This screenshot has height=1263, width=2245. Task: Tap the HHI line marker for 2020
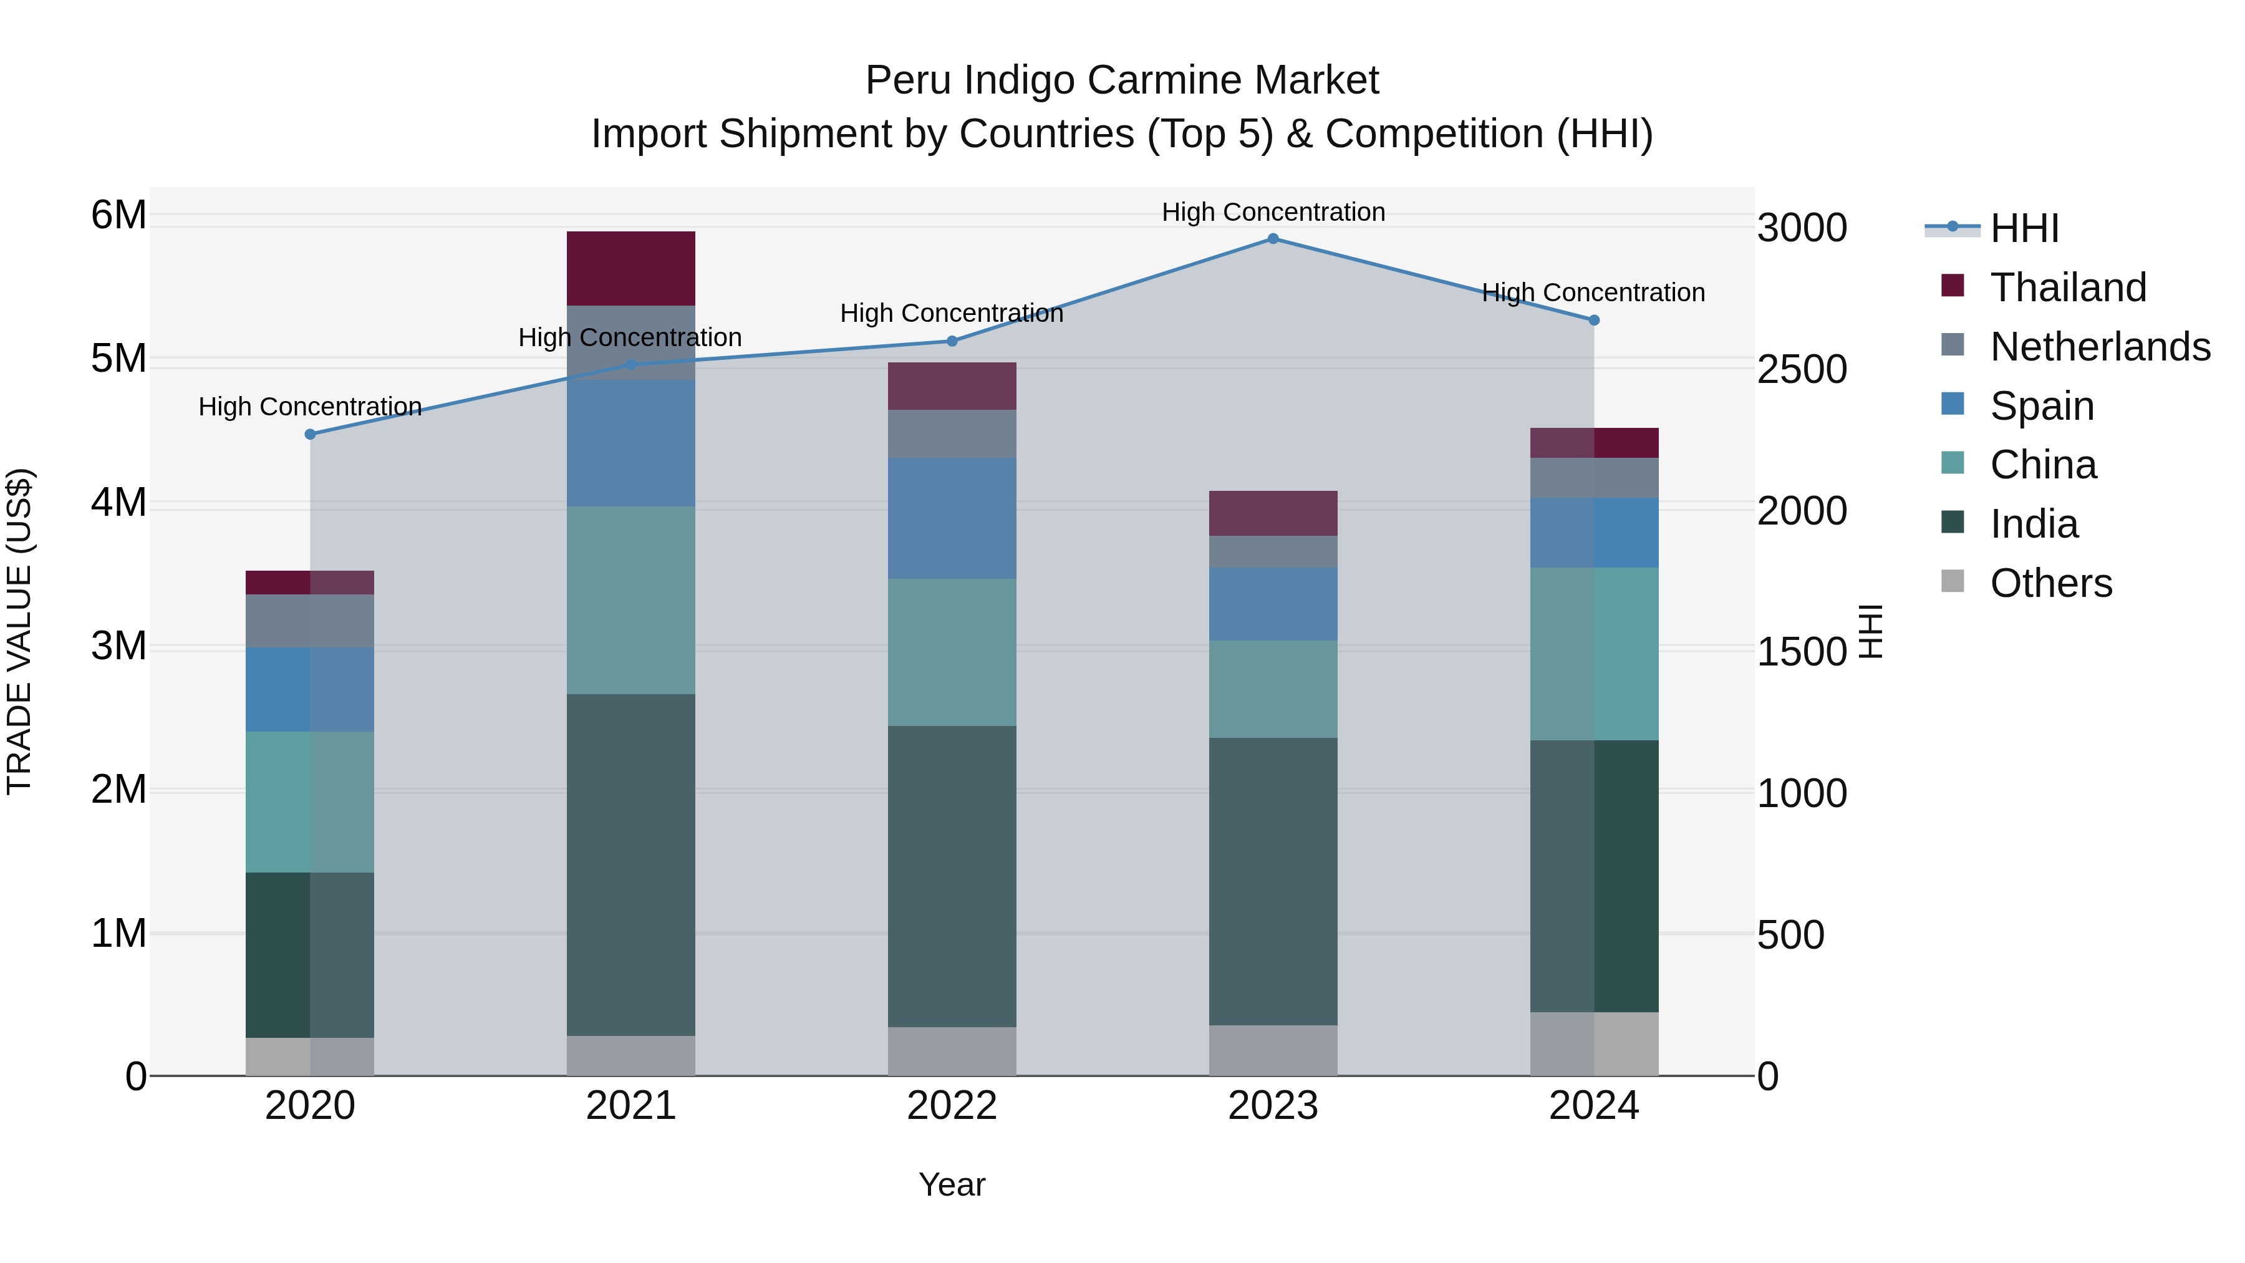pyautogui.click(x=311, y=434)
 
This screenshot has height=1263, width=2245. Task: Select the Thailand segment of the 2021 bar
pyautogui.click(x=631, y=268)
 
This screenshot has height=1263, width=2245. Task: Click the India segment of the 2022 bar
pyautogui.click(x=952, y=876)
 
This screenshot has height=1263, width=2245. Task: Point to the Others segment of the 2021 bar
pyautogui.click(x=631, y=1055)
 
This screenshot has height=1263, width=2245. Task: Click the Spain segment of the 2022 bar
pyautogui.click(x=952, y=518)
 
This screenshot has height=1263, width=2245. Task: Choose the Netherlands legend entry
pyautogui.click(x=2100, y=347)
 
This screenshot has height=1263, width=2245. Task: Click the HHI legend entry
pyautogui.click(x=2024, y=228)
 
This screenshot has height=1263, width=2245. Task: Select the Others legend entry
pyautogui.click(x=2050, y=583)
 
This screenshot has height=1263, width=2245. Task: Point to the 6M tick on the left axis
pyautogui.click(x=118, y=215)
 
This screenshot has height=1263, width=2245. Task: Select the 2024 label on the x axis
pyautogui.click(x=1593, y=1106)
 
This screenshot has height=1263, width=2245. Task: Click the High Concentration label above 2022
pyautogui.click(x=952, y=313)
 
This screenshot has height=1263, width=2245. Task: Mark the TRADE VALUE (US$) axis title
pyautogui.click(x=20, y=631)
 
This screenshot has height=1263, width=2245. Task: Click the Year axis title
pyautogui.click(x=952, y=1184)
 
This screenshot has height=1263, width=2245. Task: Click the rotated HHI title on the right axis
pyautogui.click(x=1870, y=631)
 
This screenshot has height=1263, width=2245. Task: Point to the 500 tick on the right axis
pyautogui.click(x=1790, y=936)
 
